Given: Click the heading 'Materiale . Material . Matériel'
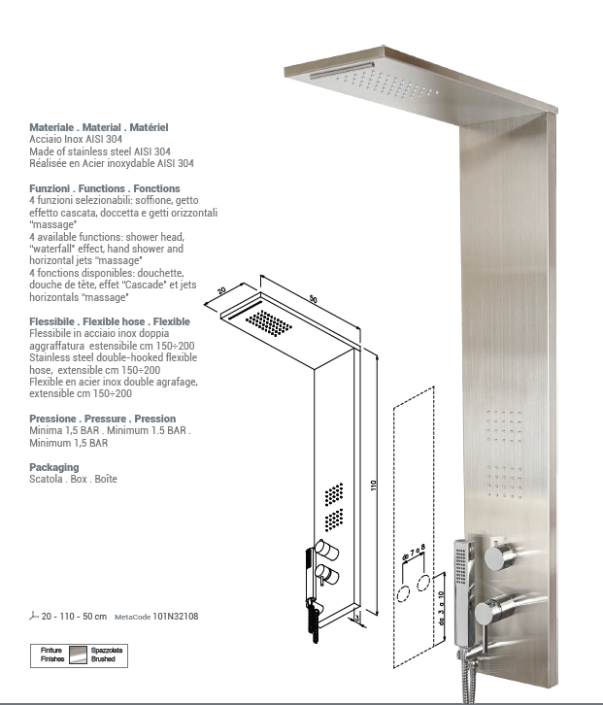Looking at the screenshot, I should [x=99, y=127].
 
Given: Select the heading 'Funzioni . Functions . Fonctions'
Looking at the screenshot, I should [x=105, y=187].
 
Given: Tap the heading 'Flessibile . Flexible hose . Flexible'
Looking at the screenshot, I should [x=110, y=320].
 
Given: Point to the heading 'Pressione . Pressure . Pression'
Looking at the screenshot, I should [x=103, y=420].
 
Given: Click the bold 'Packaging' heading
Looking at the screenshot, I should [x=54, y=467].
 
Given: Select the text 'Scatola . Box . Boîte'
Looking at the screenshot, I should [x=73, y=479].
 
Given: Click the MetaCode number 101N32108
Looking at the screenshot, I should [x=176, y=616].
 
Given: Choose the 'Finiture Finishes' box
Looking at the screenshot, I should [x=52, y=655].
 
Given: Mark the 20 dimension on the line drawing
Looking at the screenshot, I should [x=221, y=291].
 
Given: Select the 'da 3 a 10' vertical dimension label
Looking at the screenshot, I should [x=440, y=608].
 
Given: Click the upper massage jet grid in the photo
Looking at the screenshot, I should [x=506, y=424].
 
